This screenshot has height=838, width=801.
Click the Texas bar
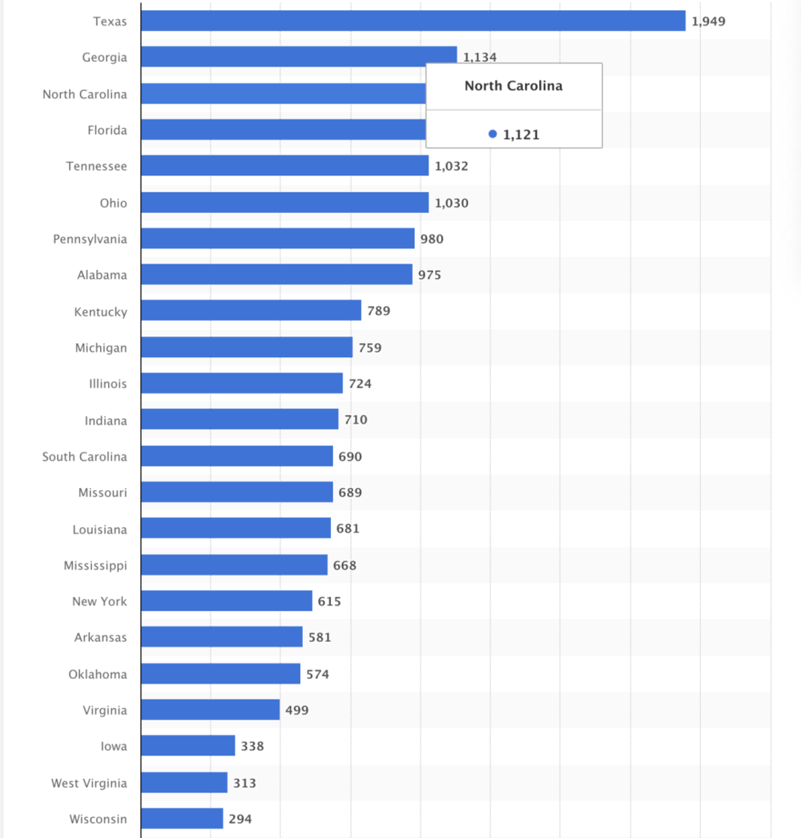(x=413, y=21)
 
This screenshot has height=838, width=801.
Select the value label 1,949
(x=708, y=21)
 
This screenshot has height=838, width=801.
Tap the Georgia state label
(x=104, y=58)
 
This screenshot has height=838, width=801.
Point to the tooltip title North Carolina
(x=513, y=86)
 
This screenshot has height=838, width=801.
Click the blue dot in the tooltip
(x=493, y=135)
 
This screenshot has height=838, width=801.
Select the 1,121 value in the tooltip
(x=521, y=135)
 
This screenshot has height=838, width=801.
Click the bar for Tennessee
(x=284, y=166)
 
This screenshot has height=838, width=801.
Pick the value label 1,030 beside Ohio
(x=452, y=203)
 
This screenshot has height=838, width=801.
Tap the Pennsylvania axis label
(x=90, y=239)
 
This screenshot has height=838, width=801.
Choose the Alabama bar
(x=276, y=275)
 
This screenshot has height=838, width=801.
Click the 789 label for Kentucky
(x=379, y=311)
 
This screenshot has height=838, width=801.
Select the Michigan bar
(x=247, y=347)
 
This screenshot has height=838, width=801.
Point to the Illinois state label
(x=107, y=384)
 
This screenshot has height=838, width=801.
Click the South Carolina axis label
(x=84, y=457)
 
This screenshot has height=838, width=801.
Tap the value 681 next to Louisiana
(x=348, y=529)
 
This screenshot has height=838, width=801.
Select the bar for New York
(x=227, y=601)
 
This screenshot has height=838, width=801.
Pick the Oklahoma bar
(x=220, y=674)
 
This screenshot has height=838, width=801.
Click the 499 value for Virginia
(x=296, y=710)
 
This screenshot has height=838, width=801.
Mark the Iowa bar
(x=187, y=746)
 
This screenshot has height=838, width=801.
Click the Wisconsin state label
(x=99, y=819)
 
